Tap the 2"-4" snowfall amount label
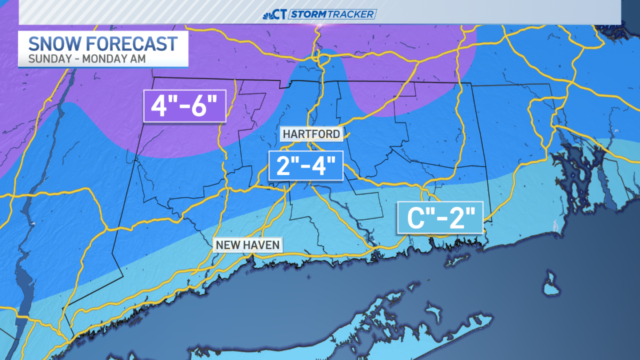pyautogui.click(x=305, y=166)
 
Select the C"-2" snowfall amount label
pyautogui.click(x=440, y=218)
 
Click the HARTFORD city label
pyautogui.click(x=311, y=134)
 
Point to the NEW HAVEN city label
pyautogui.click(x=247, y=245)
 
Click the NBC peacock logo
pyautogui.click(x=269, y=14)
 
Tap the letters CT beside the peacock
pyautogui.click(x=281, y=14)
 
